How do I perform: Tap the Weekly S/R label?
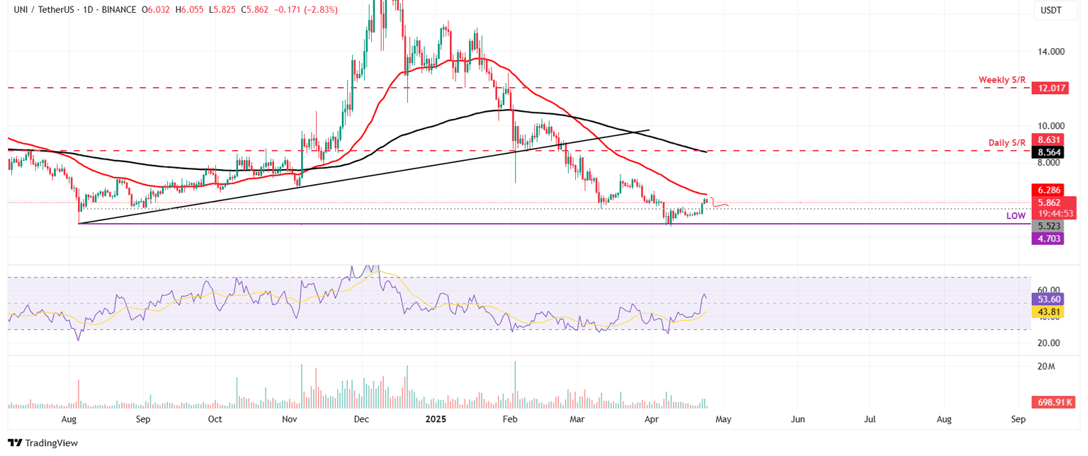[x=1002, y=80]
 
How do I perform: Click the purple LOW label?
[x=1016, y=215]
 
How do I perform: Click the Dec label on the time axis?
[x=361, y=419]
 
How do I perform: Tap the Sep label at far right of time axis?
[x=1019, y=419]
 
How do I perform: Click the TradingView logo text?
[x=51, y=443]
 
